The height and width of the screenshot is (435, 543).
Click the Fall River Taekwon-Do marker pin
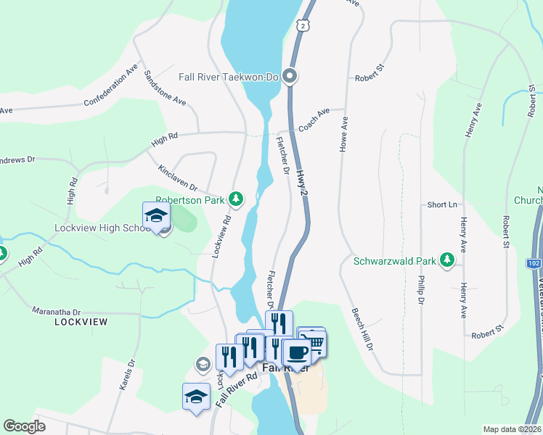click(x=290, y=75)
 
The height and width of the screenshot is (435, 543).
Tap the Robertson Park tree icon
click(x=235, y=198)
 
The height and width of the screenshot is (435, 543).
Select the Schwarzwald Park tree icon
click(x=448, y=260)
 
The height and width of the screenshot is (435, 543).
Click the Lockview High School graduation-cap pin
click(x=156, y=215)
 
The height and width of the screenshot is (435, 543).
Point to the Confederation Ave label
click(x=111, y=85)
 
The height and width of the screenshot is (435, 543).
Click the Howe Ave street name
click(x=344, y=134)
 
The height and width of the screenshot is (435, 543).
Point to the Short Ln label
click(x=441, y=205)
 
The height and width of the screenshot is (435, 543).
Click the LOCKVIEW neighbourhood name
click(x=81, y=321)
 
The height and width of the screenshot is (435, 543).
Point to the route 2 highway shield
click(x=301, y=26)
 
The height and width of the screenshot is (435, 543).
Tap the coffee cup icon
click(x=296, y=353)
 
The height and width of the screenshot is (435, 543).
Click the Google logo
click(x=24, y=426)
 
